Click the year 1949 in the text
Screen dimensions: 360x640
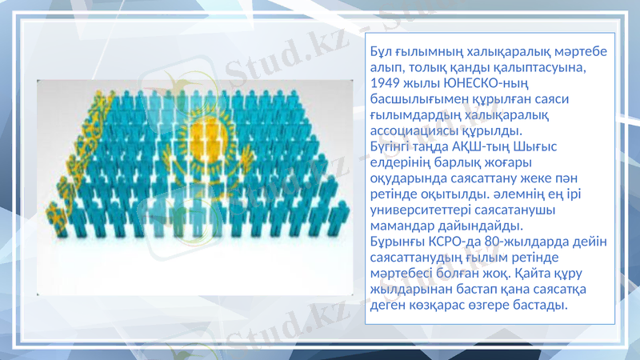coord(387,82)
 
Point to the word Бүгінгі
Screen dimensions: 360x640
coord(393,146)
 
